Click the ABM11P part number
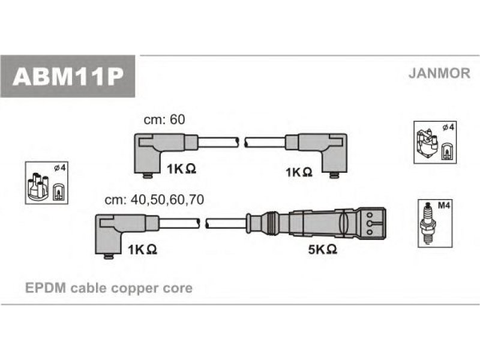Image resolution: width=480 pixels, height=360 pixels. pyautogui.click(x=68, y=77)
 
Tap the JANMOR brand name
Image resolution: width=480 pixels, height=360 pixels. pyautogui.click(x=439, y=73)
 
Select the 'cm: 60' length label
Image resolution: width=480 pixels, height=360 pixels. pyautogui.click(x=164, y=119)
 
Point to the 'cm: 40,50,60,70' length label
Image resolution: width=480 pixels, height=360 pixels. pyautogui.click(x=154, y=200)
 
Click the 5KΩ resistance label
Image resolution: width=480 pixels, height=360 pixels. pyautogui.click(x=323, y=250)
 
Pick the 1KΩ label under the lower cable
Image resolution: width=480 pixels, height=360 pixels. pyautogui.click(x=142, y=250)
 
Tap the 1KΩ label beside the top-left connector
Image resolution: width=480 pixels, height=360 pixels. pyautogui.click(x=181, y=169)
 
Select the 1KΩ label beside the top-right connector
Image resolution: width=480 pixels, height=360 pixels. pyautogui.click(x=299, y=172)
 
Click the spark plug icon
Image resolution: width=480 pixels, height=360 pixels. pyautogui.click(x=427, y=223)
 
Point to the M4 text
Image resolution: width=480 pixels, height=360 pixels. pyautogui.click(x=444, y=205)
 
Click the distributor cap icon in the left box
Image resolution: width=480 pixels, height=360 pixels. pyautogui.click(x=38, y=187)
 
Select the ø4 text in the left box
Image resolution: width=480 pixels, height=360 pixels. pyautogui.click(x=59, y=167)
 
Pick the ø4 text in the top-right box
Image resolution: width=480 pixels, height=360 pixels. pyautogui.click(x=448, y=127)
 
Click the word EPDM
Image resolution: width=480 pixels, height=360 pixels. pyautogui.click(x=46, y=288)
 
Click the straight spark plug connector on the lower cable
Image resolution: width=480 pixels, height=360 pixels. pyautogui.click(x=316, y=223)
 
